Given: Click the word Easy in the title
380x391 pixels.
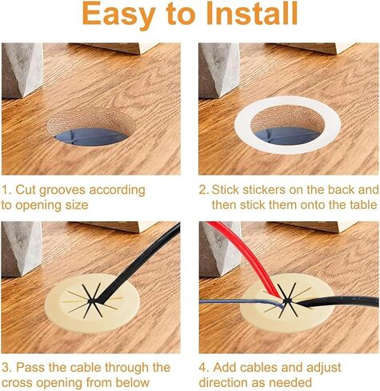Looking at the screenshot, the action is click(x=119, y=14).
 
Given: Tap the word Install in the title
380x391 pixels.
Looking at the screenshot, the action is click(x=252, y=13).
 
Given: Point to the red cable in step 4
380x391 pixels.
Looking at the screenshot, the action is click(x=246, y=256).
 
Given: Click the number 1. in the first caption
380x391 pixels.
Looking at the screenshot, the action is click(x=6, y=190).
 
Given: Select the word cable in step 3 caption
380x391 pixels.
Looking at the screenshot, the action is click(x=85, y=368).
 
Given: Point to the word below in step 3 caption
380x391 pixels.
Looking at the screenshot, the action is click(x=133, y=382).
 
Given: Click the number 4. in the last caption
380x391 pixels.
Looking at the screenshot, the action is click(x=204, y=368).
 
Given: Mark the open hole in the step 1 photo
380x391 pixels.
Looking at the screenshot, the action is click(x=91, y=127).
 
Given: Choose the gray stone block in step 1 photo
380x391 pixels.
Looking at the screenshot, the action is click(x=22, y=70).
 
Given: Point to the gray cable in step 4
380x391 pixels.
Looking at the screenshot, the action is click(x=240, y=302).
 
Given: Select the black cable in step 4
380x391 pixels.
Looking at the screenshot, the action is click(x=336, y=302).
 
